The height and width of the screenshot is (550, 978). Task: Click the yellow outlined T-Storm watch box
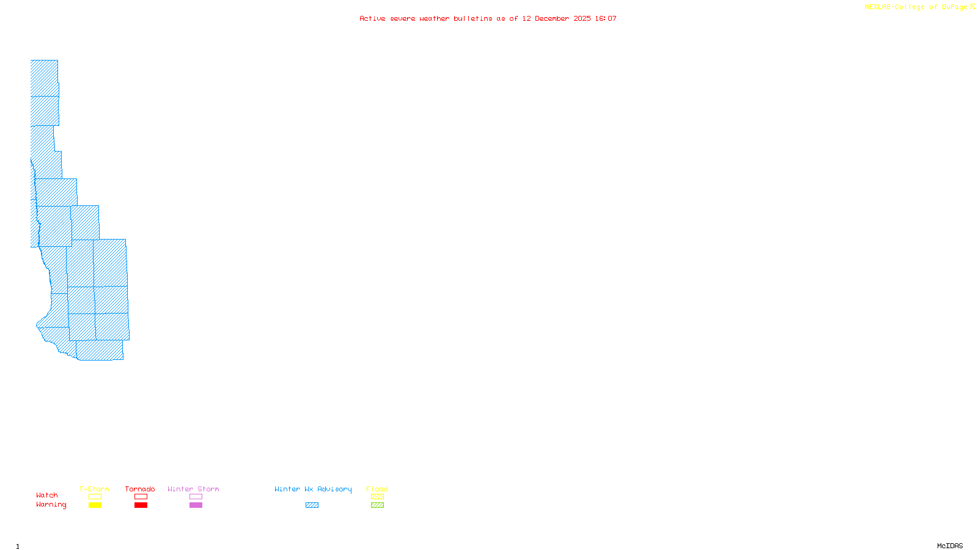pos(95,497)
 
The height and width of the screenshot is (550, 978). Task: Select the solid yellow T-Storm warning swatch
pos(95,505)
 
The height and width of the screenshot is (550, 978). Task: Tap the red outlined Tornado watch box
pos(141,497)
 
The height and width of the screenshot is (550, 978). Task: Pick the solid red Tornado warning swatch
pos(141,505)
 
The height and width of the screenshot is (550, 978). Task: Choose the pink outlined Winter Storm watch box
pos(196,497)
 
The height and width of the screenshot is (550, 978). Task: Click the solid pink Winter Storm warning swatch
pos(196,505)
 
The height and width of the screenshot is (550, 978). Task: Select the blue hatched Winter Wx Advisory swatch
pos(312,505)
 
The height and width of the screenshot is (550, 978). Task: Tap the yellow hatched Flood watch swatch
pos(377,497)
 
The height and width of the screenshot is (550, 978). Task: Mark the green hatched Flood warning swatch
pos(377,505)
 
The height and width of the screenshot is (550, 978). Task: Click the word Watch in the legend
pos(47,495)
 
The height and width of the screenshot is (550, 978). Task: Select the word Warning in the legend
pos(51,505)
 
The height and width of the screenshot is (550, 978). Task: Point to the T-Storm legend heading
pos(94,489)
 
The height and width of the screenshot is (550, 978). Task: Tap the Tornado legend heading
pos(140,489)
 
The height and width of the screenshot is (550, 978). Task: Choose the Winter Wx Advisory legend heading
pos(313,489)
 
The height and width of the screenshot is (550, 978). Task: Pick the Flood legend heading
pos(377,489)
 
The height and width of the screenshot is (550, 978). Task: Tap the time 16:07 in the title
pos(606,18)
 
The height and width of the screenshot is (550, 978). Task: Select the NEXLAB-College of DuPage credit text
pos(916,7)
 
